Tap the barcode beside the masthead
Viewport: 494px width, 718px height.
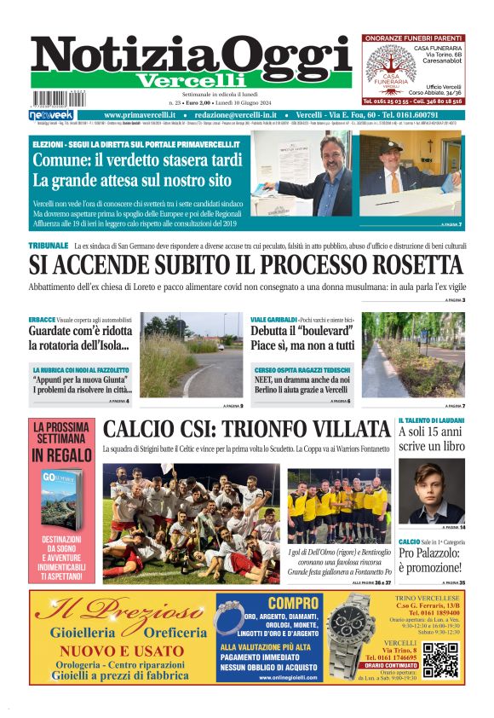coord(53,99)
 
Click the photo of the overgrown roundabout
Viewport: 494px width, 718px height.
coord(180,356)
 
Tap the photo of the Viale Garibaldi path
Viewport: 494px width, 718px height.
coord(413,356)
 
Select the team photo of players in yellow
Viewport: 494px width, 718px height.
coord(339,506)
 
